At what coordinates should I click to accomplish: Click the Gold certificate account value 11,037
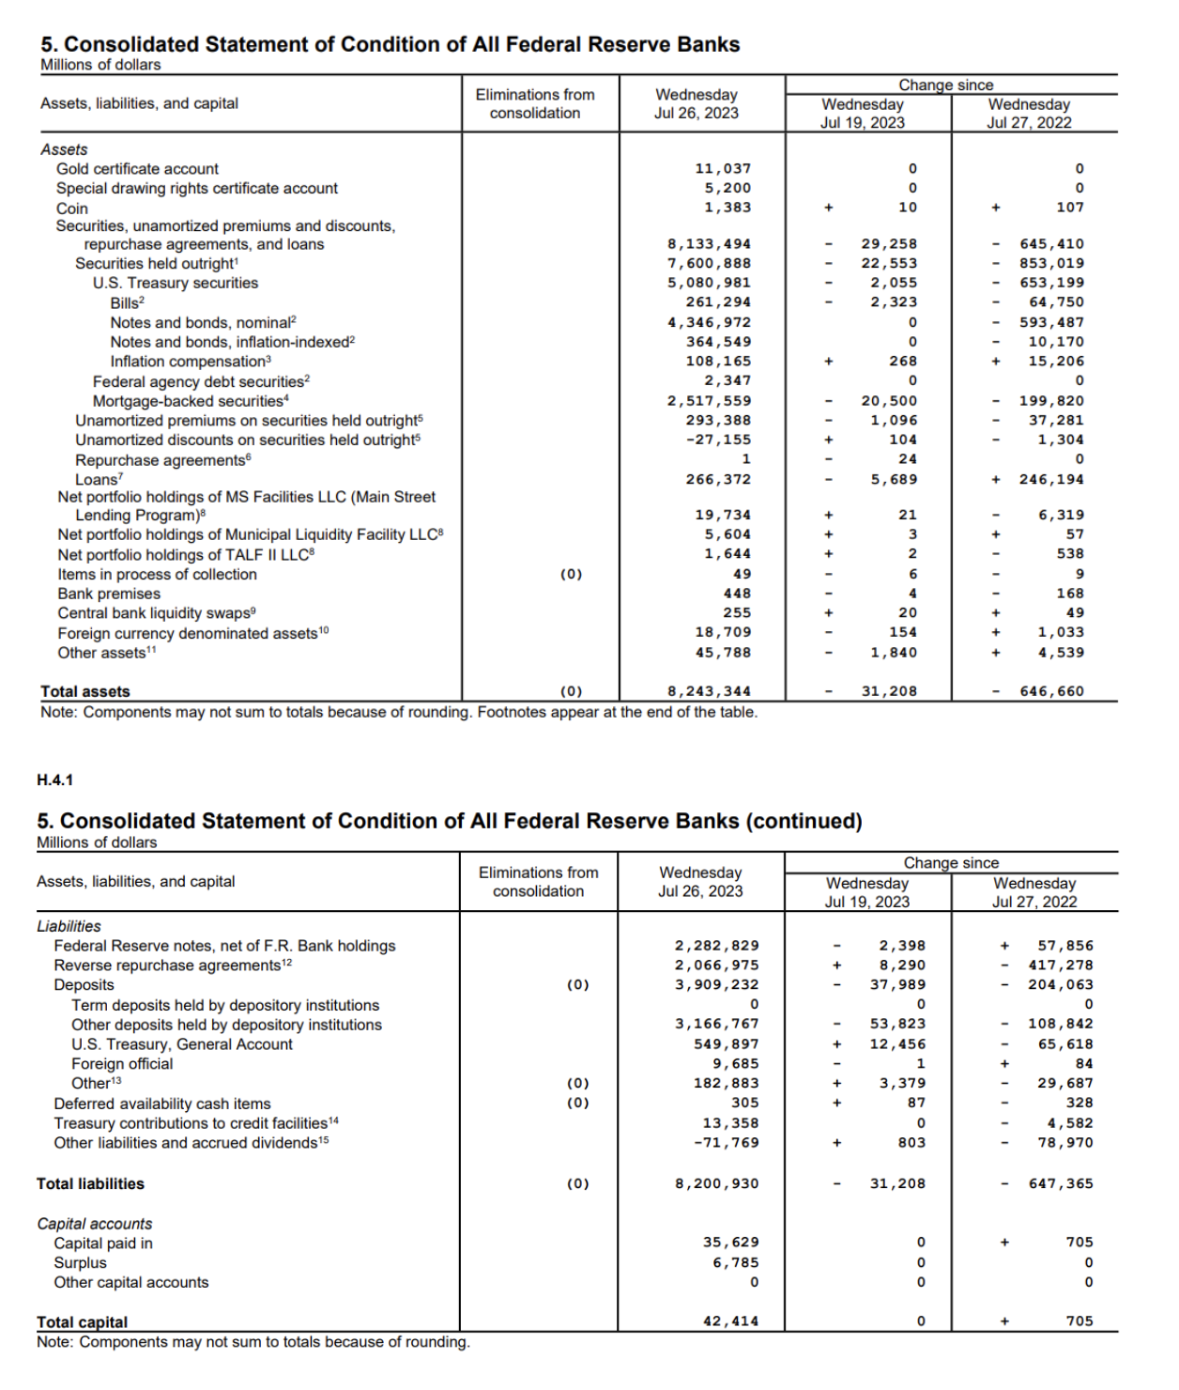pyautogui.click(x=723, y=169)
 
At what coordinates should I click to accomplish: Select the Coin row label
pyautogui.click(x=72, y=208)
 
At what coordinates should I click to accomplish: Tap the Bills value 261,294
pyautogui.click(x=718, y=302)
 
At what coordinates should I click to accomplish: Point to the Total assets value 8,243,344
pyautogui.click(x=709, y=691)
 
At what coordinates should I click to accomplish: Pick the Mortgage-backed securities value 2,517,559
pyautogui.click(x=709, y=401)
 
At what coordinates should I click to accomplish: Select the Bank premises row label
pyautogui.click(x=109, y=594)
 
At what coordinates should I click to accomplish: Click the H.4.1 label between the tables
pyautogui.click(x=54, y=780)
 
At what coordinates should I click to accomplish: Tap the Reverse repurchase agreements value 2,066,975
pyautogui.click(x=716, y=965)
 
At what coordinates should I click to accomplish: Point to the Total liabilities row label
pyautogui.click(x=90, y=1184)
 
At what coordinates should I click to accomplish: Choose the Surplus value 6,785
pyautogui.click(x=735, y=1263)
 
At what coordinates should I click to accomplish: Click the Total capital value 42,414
pyautogui.click(x=730, y=1321)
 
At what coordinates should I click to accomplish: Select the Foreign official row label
pyautogui.click(x=122, y=1064)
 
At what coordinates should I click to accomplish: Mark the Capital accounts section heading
pyautogui.click(x=94, y=1224)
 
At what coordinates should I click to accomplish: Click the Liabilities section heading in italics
pyautogui.click(x=69, y=926)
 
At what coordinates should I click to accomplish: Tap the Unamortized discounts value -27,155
pyautogui.click(x=718, y=440)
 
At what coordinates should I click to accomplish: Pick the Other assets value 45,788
pyautogui.click(x=723, y=653)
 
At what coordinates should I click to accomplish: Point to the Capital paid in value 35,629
pyautogui.click(x=730, y=1243)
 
